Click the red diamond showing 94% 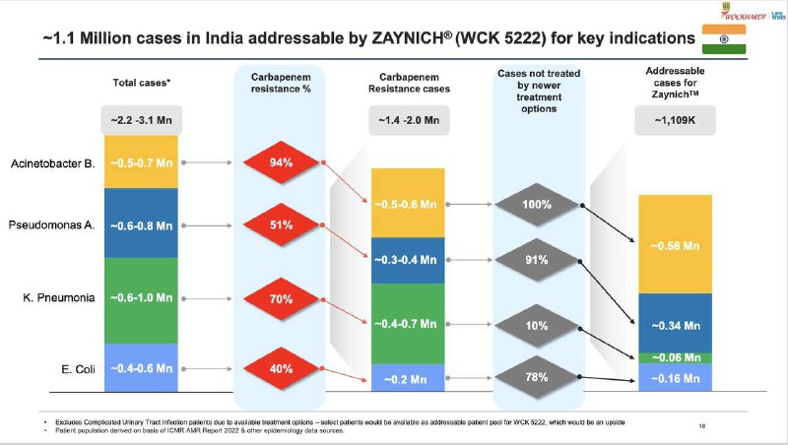[283, 162]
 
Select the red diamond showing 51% [283, 224]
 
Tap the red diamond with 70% [283, 296]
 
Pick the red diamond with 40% [283, 370]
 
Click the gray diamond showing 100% [536, 204]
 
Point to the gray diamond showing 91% [536, 261]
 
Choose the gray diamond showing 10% [536, 326]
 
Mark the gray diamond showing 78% [536, 376]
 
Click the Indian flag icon [724, 39]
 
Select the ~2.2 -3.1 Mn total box [140, 121]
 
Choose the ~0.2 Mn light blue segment [409, 376]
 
